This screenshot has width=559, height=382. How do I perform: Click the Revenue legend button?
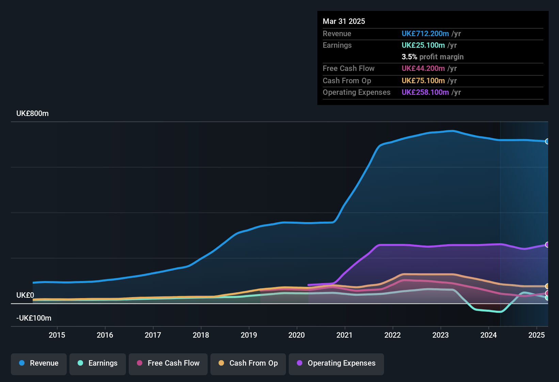[x=39, y=363]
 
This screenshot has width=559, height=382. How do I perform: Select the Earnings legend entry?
[x=98, y=363]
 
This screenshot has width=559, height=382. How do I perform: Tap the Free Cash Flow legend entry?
[x=168, y=363]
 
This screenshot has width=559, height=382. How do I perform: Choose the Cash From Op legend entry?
[x=248, y=363]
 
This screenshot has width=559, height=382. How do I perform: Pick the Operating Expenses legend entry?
[x=336, y=363]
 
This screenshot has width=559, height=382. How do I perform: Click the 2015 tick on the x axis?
[x=57, y=335]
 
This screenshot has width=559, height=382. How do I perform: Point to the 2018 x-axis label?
[x=201, y=335]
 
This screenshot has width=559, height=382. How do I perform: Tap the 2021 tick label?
[x=345, y=335]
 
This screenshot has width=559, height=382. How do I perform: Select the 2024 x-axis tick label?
[x=489, y=335]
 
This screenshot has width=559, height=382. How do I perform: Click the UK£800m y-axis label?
[x=33, y=114]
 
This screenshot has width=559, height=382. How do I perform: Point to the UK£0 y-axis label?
[x=25, y=295]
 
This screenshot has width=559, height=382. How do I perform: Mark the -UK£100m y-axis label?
[x=34, y=318]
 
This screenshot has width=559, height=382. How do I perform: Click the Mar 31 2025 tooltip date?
[x=344, y=21]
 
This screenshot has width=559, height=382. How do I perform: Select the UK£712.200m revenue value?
[x=425, y=34]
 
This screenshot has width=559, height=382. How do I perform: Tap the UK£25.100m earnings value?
[x=423, y=45]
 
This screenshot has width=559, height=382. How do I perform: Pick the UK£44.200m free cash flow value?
[x=423, y=69]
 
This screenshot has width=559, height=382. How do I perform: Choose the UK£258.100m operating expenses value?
[x=425, y=92]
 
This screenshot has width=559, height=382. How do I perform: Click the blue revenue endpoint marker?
[x=547, y=142]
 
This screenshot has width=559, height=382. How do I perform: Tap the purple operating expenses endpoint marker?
[x=547, y=245]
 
